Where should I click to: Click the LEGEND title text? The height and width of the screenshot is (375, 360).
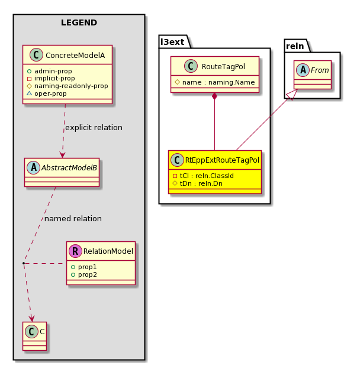click(x=79, y=22)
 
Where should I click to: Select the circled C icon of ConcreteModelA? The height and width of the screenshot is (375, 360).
click(x=36, y=55)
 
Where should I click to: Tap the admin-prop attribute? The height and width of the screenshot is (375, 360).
click(x=53, y=71)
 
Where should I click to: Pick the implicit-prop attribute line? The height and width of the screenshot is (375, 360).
click(x=54, y=79)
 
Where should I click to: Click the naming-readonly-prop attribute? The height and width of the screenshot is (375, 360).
click(x=71, y=86)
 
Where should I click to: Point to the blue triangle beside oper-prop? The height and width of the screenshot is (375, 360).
click(x=29, y=93)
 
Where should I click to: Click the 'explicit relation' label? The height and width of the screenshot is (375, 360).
click(x=94, y=128)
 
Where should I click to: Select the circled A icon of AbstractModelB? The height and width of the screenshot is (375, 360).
click(x=34, y=167)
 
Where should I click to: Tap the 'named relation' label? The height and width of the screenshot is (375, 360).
click(x=73, y=219)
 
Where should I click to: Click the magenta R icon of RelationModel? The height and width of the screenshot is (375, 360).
click(x=75, y=251)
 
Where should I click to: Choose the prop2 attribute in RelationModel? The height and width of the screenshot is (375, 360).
click(x=88, y=275)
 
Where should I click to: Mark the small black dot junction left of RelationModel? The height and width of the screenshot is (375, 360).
click(x=24, y=263)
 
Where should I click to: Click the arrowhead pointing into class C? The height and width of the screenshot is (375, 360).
click(x=31, y=318)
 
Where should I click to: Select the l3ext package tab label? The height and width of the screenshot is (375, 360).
click(x=172, y=42)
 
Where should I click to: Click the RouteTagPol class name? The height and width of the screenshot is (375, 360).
click(x=223, y=66)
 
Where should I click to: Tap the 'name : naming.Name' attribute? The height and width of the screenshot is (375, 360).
click(x=218, y=82)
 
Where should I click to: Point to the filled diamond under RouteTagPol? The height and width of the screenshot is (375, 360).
click(x=215, y=96)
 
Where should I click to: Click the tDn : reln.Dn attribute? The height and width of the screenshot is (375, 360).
click(x=201, y=184)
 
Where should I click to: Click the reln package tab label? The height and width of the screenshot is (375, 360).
click(x=295, y=46)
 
